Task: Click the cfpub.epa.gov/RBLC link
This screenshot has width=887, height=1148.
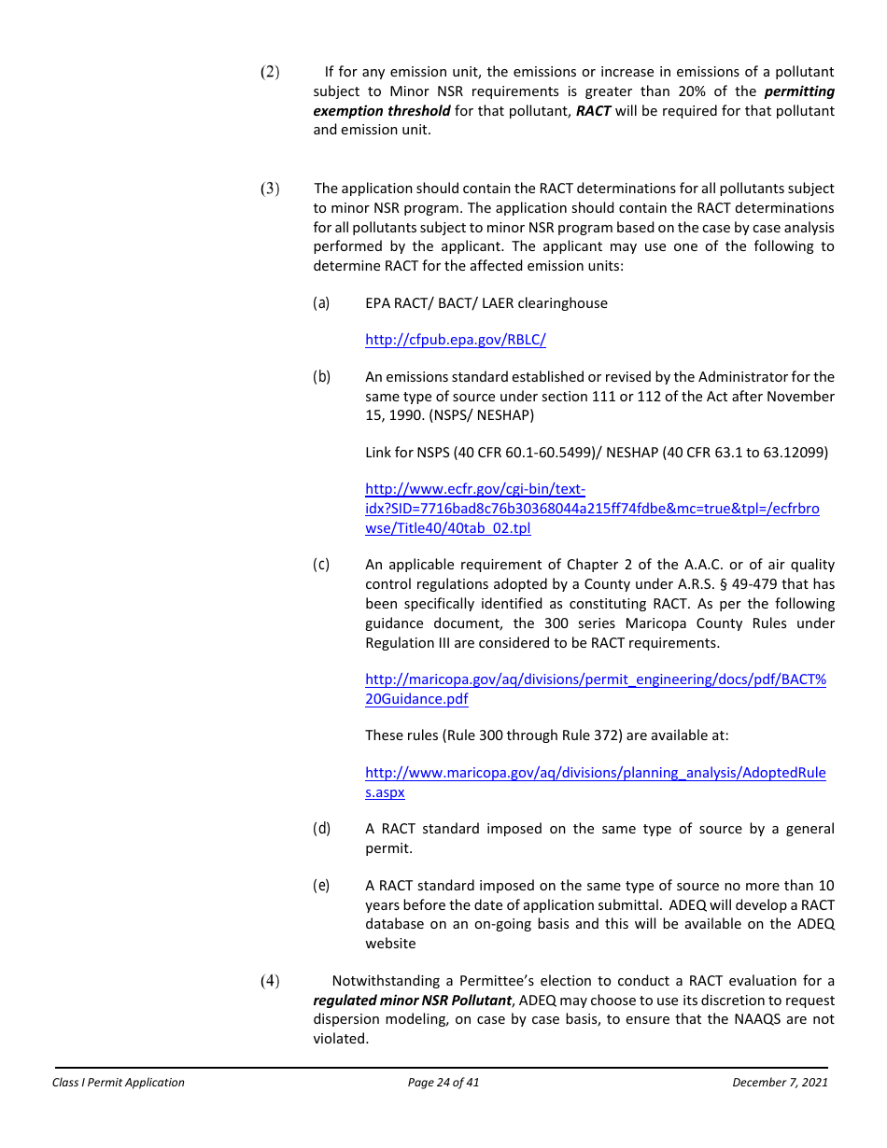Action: tap(455, 340)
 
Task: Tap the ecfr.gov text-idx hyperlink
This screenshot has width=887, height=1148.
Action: tap(592, 509)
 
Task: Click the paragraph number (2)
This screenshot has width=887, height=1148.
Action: tap(269, 72)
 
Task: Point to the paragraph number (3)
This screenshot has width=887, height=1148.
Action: tap(269, 189)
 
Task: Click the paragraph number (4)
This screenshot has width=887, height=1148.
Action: tap(269, 980)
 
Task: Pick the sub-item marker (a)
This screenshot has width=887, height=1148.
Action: tap(321, 303)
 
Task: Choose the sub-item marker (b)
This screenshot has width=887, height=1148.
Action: tap(321, 377)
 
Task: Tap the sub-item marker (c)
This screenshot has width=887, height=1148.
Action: tap(321, 565)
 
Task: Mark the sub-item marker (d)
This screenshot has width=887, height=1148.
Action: tap(321, 829)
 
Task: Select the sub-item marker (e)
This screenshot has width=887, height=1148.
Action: tap(321, 886)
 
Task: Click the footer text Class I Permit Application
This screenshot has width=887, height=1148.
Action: tap(119, 1083)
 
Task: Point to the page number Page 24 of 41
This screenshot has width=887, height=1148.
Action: tap(443, 1083)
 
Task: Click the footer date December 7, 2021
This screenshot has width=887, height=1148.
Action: tap(780, 1083)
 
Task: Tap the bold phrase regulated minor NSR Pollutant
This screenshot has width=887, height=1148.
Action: tap(413, 1001)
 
